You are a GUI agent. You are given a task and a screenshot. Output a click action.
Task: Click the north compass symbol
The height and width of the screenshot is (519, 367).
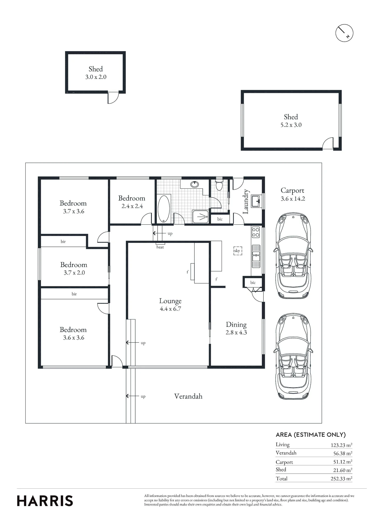[x=344, y=33]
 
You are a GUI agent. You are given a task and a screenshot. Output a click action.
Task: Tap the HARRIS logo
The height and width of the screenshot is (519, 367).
[x=45, y=501]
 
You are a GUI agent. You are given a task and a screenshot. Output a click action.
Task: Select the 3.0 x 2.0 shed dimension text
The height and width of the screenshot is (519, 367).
[x=96, y=77]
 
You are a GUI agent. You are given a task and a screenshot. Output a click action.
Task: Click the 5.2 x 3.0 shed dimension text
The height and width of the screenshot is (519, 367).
[x=291, y=125]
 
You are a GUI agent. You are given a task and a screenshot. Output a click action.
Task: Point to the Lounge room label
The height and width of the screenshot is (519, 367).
[x=170, y=301]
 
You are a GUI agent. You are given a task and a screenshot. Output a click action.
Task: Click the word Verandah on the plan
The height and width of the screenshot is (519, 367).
[x=188, y=396]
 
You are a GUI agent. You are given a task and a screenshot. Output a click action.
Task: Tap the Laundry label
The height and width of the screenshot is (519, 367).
[x=246, y=202]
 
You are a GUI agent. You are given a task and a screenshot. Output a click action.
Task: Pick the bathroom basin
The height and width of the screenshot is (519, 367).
[x=195, y=184]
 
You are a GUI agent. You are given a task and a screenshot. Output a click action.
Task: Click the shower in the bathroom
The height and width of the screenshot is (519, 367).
[x=200, y=216]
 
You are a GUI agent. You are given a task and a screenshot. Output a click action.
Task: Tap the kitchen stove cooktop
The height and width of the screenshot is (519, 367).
[x=256, y=232]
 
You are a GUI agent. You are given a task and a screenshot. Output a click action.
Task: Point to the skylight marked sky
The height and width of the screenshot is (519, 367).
[x=237, y=251]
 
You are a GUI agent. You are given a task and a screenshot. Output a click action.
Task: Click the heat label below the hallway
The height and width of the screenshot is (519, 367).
[x=160, y=247]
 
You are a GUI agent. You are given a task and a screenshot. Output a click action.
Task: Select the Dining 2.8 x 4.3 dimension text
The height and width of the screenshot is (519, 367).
[x=236, y=332]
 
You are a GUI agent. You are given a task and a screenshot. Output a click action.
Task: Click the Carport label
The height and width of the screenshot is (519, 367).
[x=292, y=190]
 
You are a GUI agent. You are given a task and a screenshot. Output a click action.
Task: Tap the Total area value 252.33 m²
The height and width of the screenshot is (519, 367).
[x=341, y=479]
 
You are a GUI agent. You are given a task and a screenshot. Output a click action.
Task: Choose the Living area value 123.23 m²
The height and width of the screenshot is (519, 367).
[x=341, y=445]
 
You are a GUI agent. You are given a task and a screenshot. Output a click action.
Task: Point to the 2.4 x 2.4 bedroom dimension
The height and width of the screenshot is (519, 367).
[x=132, y=206]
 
